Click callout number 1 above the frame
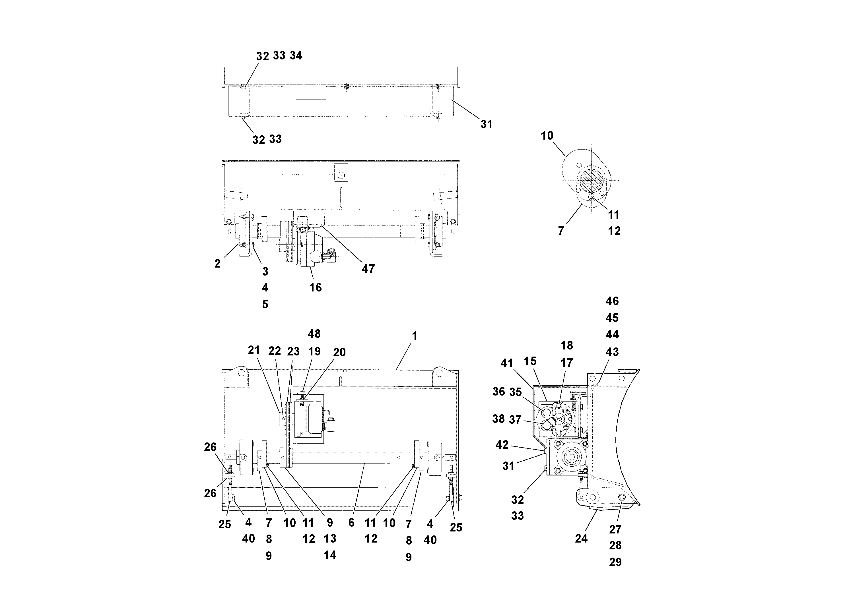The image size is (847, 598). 414,336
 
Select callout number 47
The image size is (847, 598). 368,269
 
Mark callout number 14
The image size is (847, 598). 330,555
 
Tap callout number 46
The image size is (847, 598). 612,301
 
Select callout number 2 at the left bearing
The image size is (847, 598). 217,264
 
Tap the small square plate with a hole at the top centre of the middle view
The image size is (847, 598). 341,173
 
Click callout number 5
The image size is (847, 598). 265,304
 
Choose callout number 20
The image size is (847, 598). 339,352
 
